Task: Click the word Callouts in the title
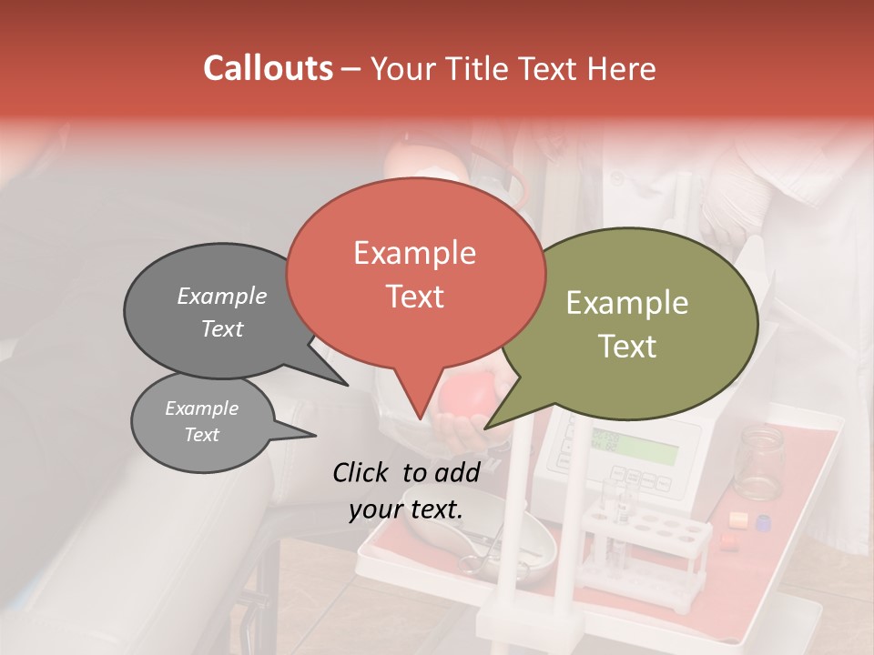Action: (x=268, y=68)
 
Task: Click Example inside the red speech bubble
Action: (x=414, y=253)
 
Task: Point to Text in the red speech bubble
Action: (x=414, y=297)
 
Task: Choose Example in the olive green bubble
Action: (x=627, y=303)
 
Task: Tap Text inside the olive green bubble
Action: (x=627, y=347)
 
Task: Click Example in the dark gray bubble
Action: (x=221, y=297)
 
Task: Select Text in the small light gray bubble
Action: (x=201, y=435)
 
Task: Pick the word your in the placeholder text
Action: (x=375, y=510)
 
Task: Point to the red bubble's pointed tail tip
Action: (x=420, y=419)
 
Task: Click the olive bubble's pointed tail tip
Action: (x=485, y=428)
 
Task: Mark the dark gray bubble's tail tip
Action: (x=347, y=385)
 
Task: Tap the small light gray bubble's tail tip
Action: (x=315, y=435)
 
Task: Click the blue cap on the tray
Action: (x=763, y=522)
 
